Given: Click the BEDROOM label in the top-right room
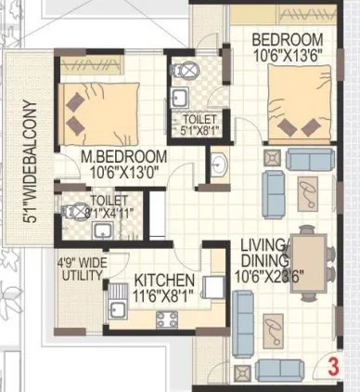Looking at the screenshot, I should (x=288, y=39).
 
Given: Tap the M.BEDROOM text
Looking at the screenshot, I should (x=123, y=156).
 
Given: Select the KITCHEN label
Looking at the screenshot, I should (x=163, y=281).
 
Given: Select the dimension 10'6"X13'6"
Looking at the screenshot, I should (x=288, y=54).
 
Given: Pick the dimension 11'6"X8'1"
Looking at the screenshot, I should (x=163, y=295).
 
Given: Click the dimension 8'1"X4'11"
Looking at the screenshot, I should (x=109, y=211).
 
